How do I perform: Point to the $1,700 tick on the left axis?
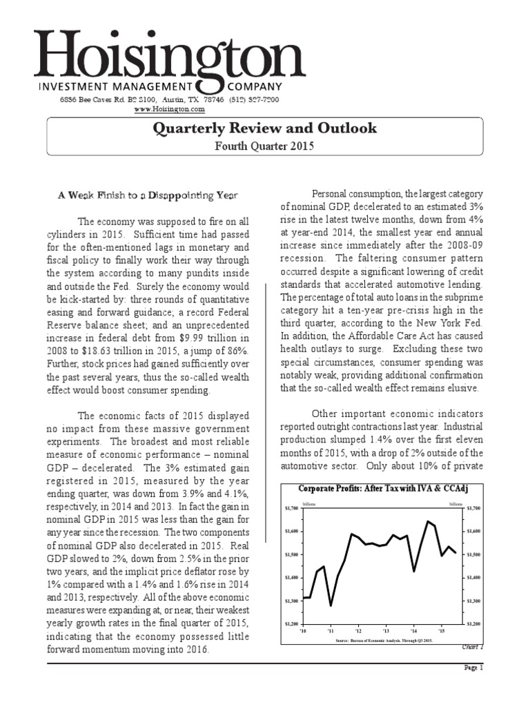[291, 508]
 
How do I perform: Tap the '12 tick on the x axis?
[358, 631]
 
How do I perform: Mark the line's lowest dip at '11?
[331, 606]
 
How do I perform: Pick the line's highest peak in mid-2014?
[428, 521]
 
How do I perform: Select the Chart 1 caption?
[473, 647]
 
